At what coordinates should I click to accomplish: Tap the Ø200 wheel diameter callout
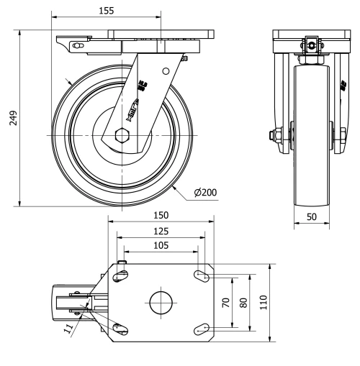tap(206, 192)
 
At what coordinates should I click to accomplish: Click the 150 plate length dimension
tap(162, 215)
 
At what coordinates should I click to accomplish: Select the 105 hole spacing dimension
tap(161, 245)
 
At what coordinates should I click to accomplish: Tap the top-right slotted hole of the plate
tap(203, 275)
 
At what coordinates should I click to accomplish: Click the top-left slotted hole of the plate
tap(121, 275)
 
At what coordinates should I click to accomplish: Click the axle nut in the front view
tap(277, 134)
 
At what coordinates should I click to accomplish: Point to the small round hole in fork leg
tap(166, 71)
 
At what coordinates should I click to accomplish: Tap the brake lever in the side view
tap(76, 47)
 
